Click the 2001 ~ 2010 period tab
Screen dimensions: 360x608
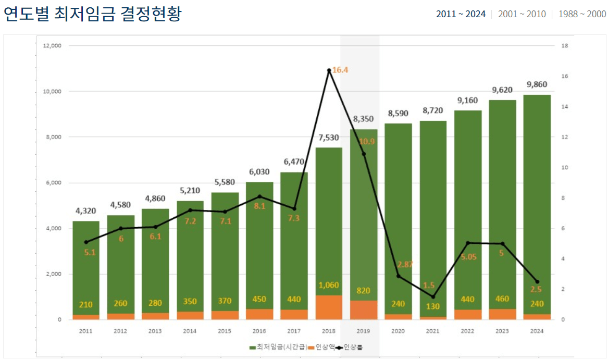coord(522,14)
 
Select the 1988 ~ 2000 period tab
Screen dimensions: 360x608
coord(582,14)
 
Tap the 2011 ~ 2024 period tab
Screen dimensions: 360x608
coord(461,14)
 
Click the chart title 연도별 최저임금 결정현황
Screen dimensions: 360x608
coord(92,14)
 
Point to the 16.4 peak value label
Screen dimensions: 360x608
coord(340,69)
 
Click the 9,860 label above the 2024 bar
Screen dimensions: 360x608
coord(537,84)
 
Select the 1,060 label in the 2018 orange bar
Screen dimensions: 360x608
coord(329,285)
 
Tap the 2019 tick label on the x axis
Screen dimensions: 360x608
coord(364,331)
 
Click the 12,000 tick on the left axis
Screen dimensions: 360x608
coord(52,46)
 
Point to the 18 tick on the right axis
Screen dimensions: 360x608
coord(564,46)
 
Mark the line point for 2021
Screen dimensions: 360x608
coord(433,297)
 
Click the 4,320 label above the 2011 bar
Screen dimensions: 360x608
coord(86,210)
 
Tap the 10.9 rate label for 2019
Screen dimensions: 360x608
coord(367,142)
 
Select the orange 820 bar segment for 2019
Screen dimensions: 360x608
coord(364,310)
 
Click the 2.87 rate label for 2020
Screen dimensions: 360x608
coord(405,264)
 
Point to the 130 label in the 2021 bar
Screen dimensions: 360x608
coord(433,306)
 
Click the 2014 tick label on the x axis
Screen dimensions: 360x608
coord(190,331)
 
